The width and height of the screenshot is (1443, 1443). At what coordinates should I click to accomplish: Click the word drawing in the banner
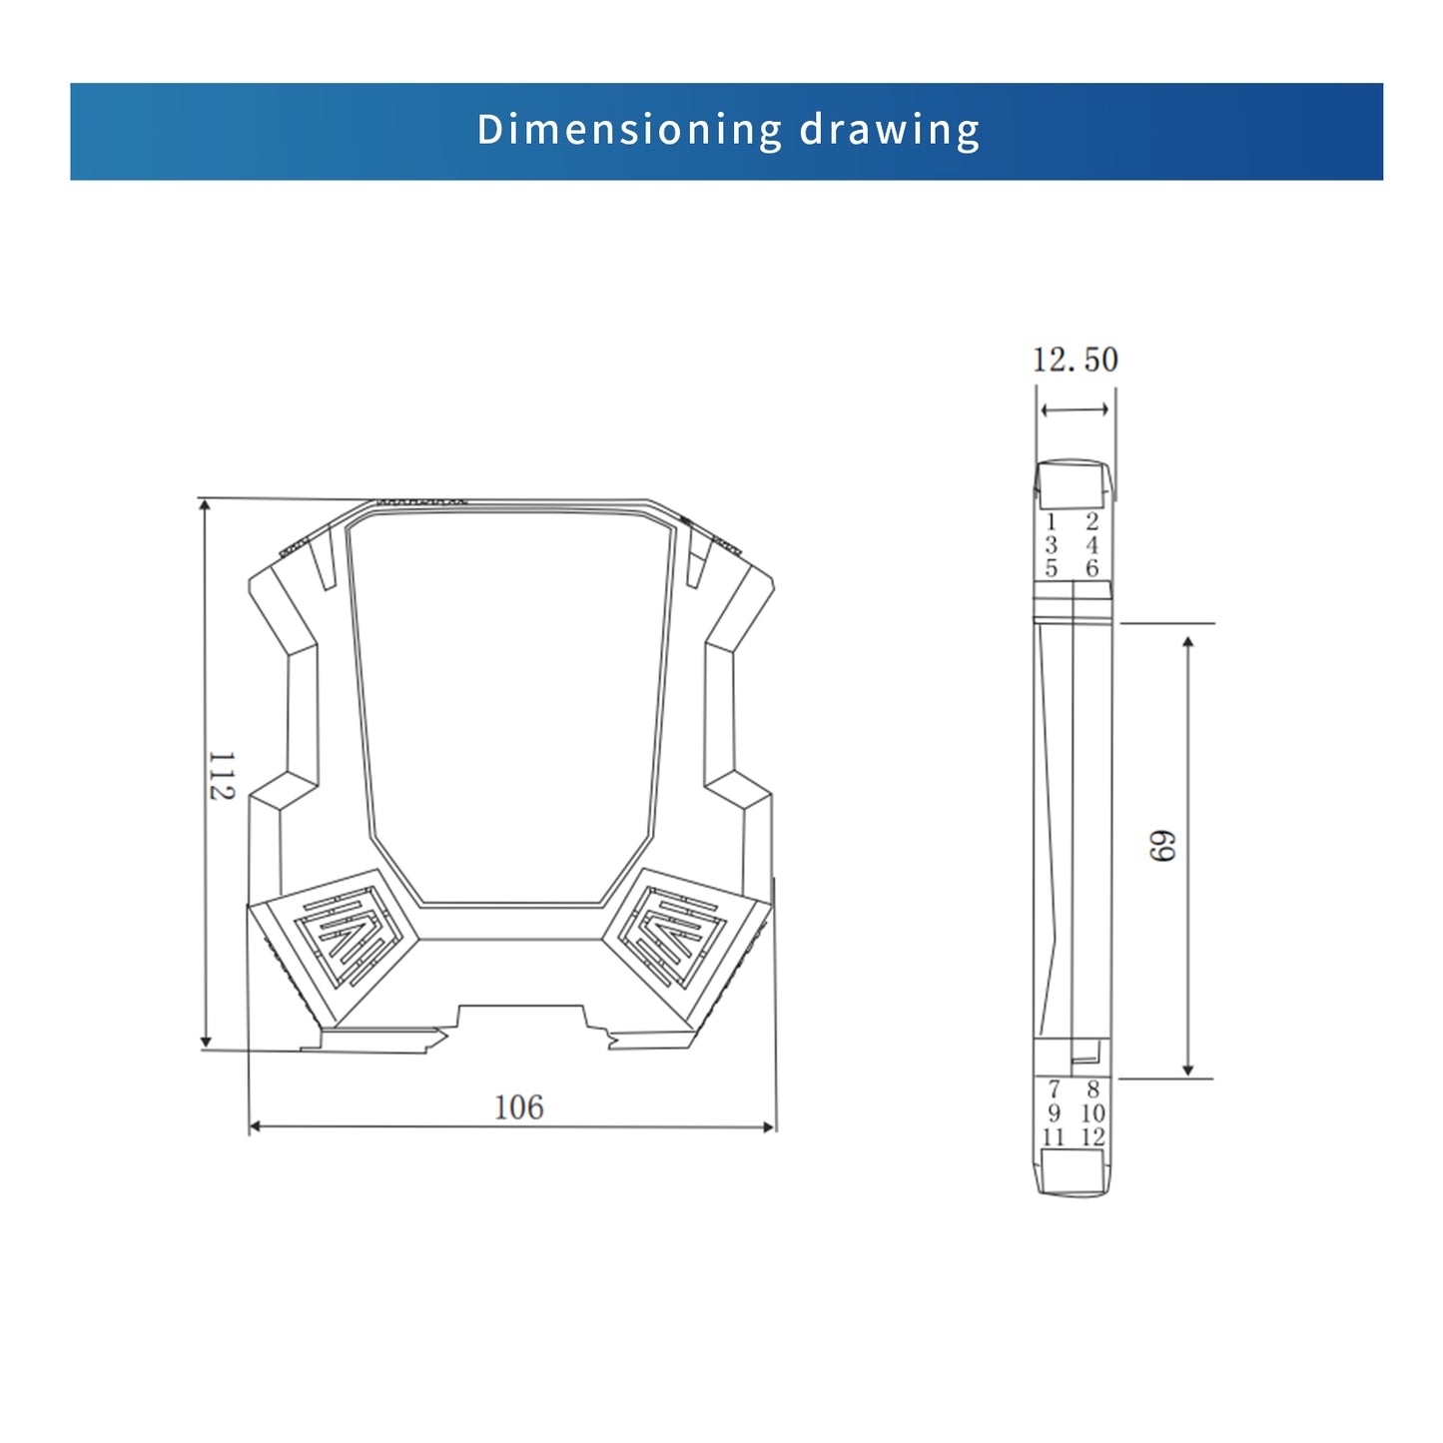click(x=889, y=130)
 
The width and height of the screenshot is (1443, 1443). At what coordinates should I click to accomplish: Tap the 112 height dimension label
click(x=221, y=776)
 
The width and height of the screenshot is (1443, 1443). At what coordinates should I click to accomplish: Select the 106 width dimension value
click(x=518, y=1107)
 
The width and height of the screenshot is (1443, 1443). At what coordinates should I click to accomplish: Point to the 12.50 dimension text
click(x=1075, y=360)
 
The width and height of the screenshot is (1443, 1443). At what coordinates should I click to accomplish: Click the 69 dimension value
click(x=1162, y=846)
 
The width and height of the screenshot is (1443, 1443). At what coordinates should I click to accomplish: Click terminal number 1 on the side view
click(x=1051, y=521)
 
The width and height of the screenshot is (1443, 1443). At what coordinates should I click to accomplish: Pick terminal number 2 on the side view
click(x=1092, y=521)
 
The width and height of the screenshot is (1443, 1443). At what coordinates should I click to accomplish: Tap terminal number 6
click(x=1092, y=568)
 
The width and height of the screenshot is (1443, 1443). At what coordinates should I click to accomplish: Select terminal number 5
click(x=1051, y=568)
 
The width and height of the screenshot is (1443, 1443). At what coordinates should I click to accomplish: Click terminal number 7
click(x=1054, y=1089)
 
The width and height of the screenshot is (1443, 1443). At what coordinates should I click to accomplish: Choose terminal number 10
click(x=1092, y=1112)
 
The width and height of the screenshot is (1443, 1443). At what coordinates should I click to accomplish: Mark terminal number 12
click(x=1092, y=1136)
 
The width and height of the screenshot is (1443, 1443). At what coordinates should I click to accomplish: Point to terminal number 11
click(x=1054, y=1136)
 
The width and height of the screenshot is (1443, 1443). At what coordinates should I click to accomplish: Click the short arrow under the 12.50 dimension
click(x=1075, y=409)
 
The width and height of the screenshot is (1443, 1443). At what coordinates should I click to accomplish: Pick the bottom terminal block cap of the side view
click(x=1073, y=1170)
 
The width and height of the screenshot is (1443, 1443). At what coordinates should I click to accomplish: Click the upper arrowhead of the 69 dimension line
click(x=1188, y=641)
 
